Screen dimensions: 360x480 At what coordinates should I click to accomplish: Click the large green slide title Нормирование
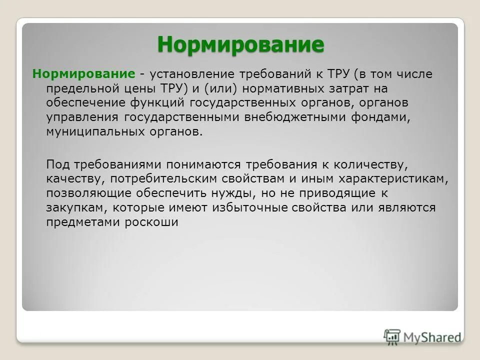(240, 44)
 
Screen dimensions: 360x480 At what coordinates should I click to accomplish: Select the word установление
(191, 74)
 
